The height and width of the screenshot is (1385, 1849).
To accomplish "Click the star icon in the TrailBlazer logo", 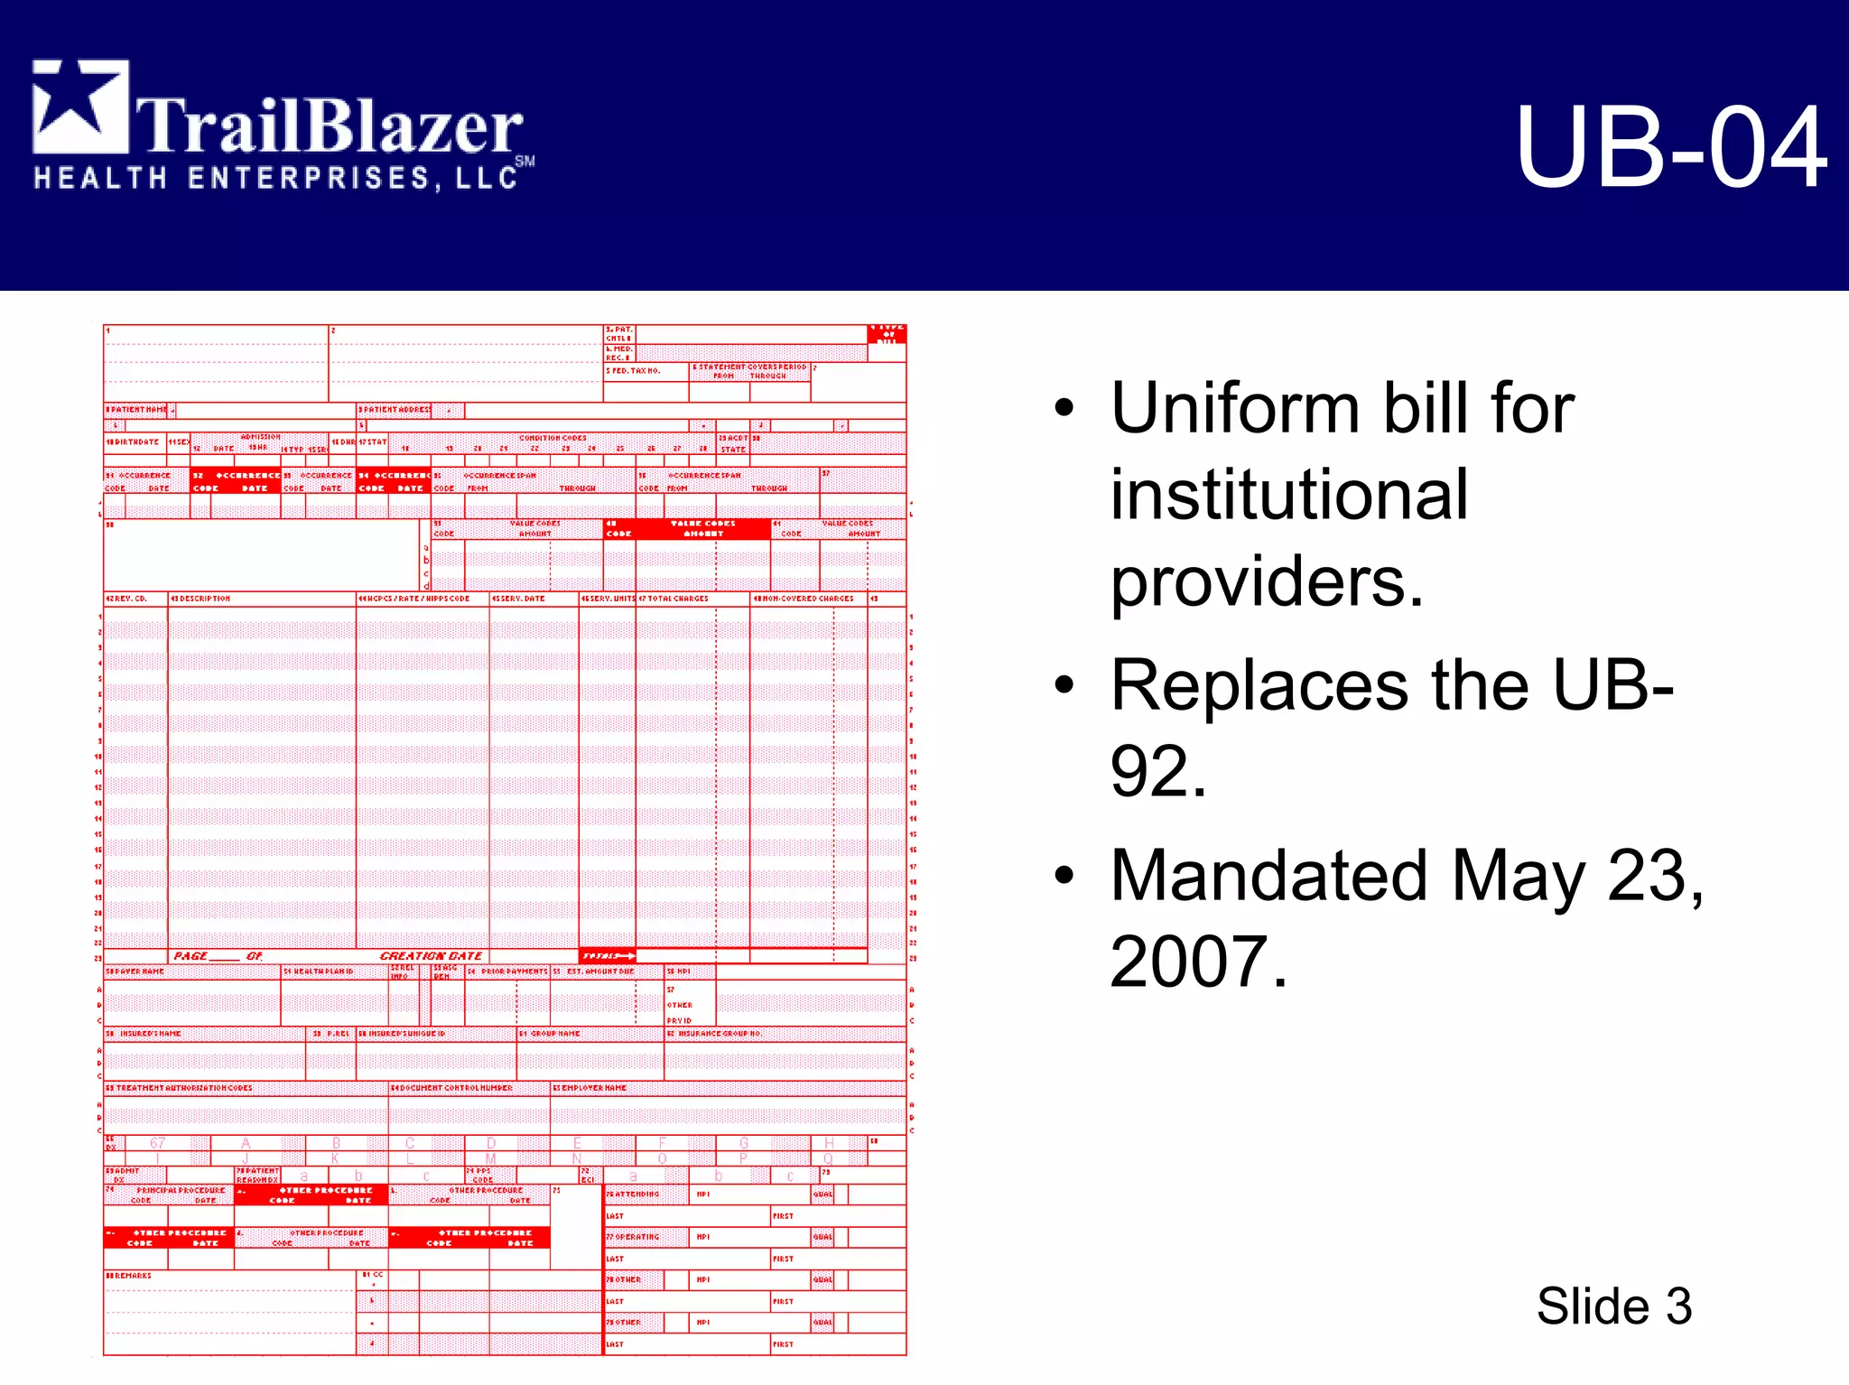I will (x=79, y=107).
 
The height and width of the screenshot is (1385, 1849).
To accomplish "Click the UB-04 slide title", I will (x=1671, y=147).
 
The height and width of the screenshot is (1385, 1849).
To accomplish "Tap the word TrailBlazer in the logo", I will (x=330, y=126).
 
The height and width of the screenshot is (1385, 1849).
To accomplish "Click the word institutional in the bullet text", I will (x=1288, y=495).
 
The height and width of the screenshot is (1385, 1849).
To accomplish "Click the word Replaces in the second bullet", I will (x=1259, y=685).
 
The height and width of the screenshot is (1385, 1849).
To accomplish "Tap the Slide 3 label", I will (x=1613, y=1306).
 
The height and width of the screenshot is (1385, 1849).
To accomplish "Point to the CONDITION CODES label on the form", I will (x=553, y=438).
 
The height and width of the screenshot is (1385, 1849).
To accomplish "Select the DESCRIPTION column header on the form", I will (x=203, y=599).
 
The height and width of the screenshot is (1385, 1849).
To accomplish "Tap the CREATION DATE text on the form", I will (x=431, y=956).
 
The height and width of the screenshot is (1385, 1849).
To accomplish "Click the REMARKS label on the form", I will (x=131, y=1276).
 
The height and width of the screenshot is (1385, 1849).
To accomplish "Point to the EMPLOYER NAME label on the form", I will (x=592, y=1088).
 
